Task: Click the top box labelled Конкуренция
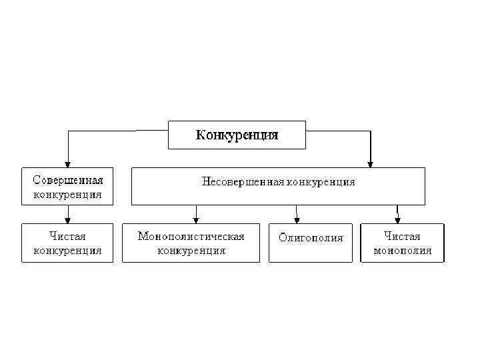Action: click(x=237, y=135)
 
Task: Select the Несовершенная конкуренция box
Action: click(x=278, y=186)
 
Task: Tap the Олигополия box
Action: click(x=311, y=238)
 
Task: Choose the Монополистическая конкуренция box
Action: click(x=191, y=243)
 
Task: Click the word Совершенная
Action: click(x=68, y=181)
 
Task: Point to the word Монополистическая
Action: click(x=191, y=236)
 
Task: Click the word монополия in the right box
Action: click(x=402, y=251)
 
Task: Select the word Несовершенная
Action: click(x=243, y=181)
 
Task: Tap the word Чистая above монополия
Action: click(x=402, y=236)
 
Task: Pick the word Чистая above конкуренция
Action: click(x=68, y=236)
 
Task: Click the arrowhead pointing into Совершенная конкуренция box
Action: click(x=67, y=163)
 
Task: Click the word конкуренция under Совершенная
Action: click(x=68, y=195)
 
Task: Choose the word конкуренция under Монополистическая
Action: click(x=191, y=251)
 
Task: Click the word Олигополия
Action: click(x=311, y=238)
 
